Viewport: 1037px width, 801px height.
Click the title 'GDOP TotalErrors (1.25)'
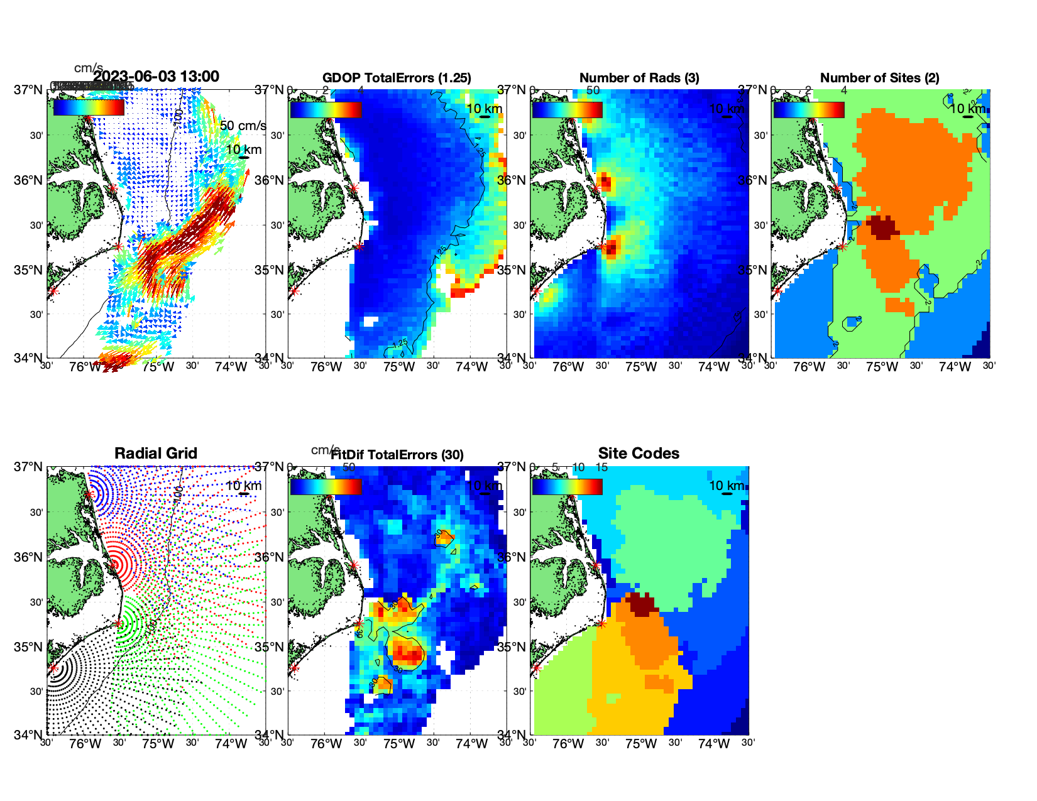point(397,78)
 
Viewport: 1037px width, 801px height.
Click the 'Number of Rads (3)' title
point(639,78)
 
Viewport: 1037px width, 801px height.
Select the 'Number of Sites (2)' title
point(879,78)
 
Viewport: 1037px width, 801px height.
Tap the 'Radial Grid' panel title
point(156,454)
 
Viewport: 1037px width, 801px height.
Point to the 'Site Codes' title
point(639,454)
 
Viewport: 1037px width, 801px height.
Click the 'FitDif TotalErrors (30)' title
point(397,455)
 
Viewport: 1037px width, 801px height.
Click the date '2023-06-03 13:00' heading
point(156,77)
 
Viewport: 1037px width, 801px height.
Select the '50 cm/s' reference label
point(243,126)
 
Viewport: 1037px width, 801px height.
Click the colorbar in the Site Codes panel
point(567,487)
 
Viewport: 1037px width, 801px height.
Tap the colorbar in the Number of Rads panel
point(567,110)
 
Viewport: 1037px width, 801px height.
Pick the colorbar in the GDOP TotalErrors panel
point(326,110)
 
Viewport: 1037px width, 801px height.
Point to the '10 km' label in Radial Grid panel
point(243,486)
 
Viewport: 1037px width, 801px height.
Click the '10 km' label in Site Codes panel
point(726,486)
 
